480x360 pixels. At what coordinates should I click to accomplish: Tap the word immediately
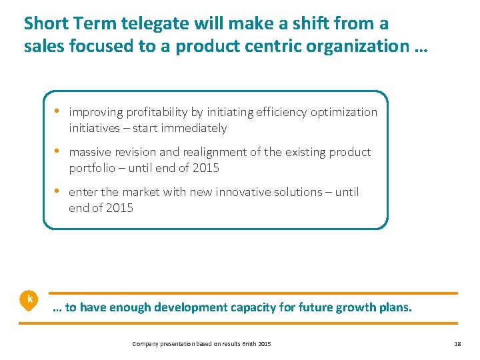[x=193, y=128]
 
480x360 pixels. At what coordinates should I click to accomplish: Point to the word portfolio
[x=91, y=168]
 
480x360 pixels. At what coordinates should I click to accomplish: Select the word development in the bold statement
[x=189, y=307]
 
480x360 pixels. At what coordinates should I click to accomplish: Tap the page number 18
[x=457, y=343]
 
